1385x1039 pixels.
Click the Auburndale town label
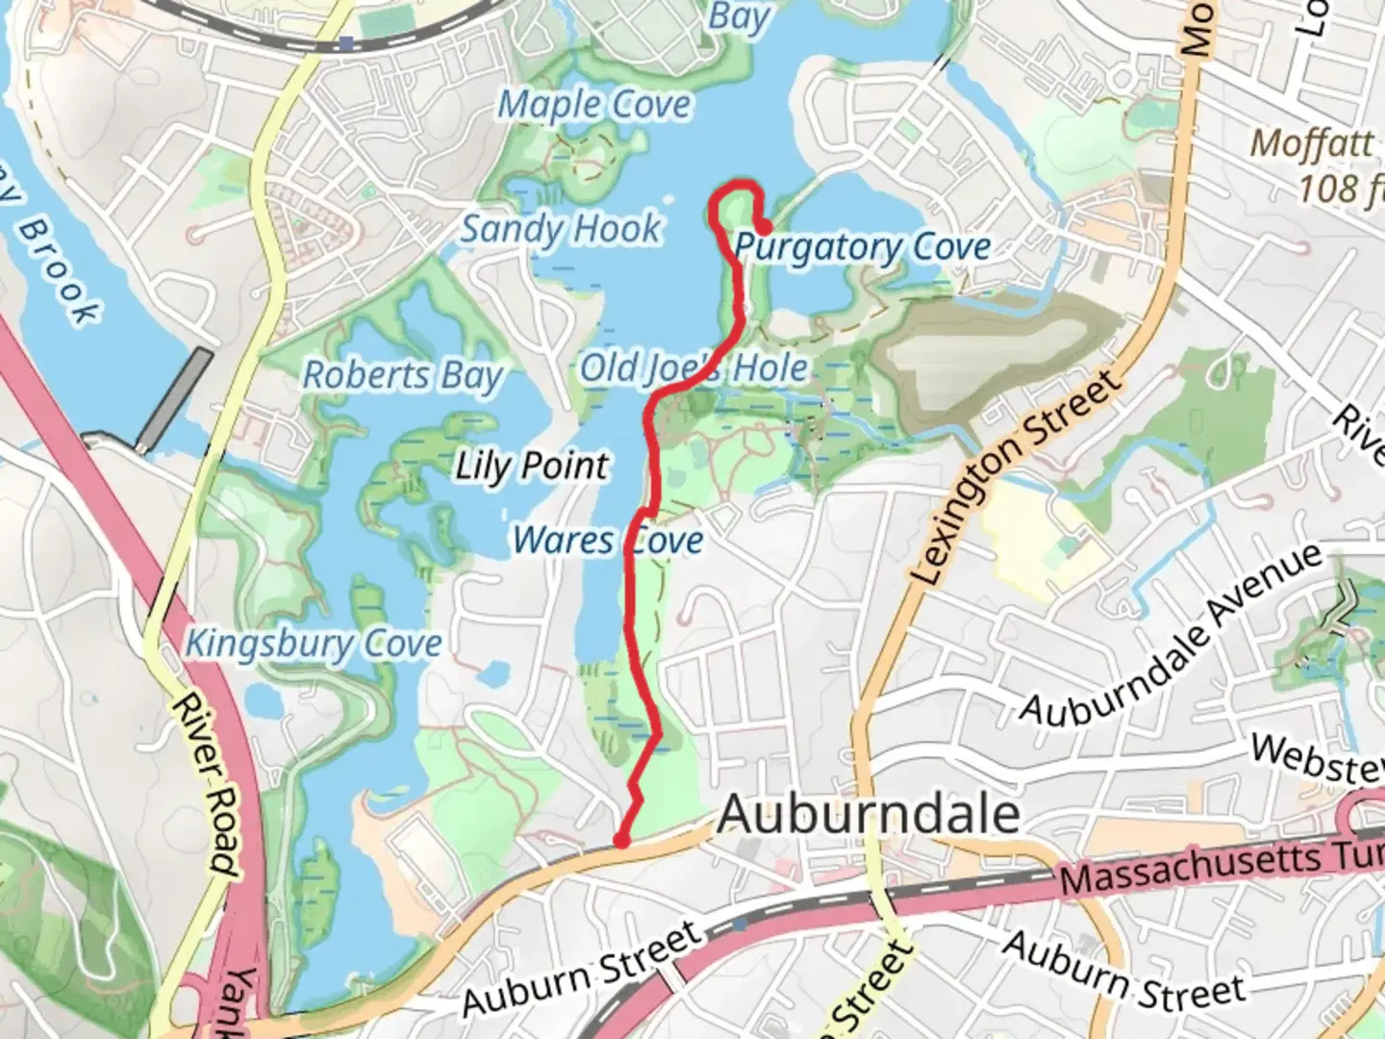(x=868, y=815)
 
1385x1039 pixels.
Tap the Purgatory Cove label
(x=862, y=248)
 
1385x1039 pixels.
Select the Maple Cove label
(x=593, y=105)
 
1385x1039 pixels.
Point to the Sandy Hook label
(x=561, y=229)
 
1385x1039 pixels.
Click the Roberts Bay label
(x=403, y=375)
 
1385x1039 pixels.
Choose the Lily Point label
(x=532, y=467)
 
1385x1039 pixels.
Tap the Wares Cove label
(x=608, y=540)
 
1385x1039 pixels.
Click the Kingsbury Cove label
(x=314, y=644)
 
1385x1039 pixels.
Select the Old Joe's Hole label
(x=693, y=367)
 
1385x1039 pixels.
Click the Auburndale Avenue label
(x=1171, y=637)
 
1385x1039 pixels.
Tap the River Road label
(x=205, y=784)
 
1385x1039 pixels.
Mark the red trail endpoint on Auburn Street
(x=622, y=842)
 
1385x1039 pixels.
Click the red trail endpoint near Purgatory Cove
(x=762, y=228)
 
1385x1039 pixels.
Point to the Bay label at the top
(x=739, y=17)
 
